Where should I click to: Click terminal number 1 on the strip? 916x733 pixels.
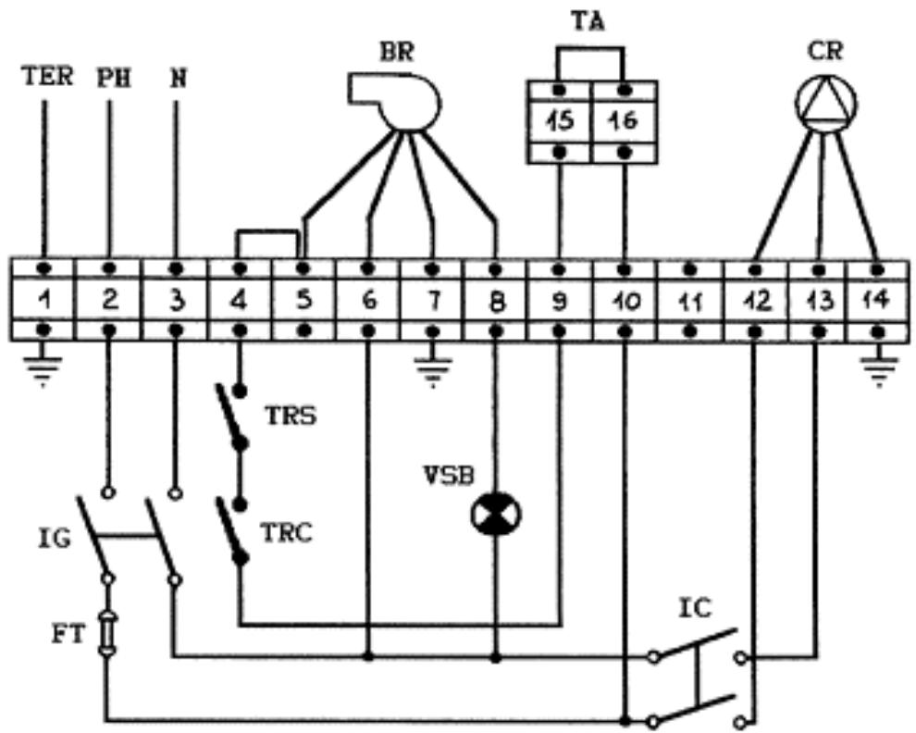(x=43, y=301)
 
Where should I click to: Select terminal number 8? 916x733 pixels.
(x=496, y=302)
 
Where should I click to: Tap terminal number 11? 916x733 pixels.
(x=691, y=302)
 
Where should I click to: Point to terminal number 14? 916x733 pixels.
(x=877, y=301)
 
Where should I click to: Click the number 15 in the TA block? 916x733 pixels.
(x=561, y=121)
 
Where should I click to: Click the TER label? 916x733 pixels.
(x=47, y=77)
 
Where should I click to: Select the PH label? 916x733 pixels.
(x=113, y=79)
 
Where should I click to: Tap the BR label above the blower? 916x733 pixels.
(x=397, y=53)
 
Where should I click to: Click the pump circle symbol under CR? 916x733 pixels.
(x=826, y=104)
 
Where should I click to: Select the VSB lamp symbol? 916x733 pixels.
(x=496, y=515)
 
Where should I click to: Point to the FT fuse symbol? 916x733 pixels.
(x=107, y=633)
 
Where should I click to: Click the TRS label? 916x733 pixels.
(x=291, y=416)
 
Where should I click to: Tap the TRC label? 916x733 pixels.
(x=286, y=532)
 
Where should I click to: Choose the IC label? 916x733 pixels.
(x=695, y=608)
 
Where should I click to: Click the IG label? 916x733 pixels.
(x=54, y=539)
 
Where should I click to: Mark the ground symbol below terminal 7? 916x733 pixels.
(x=432, y=366)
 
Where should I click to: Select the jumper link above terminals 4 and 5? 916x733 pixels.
(x=270, y=232)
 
